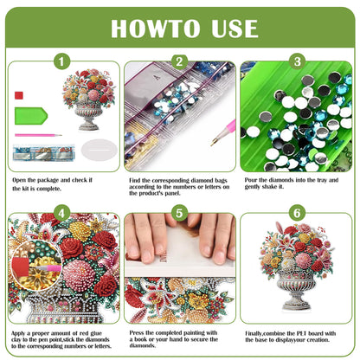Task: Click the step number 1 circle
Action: [61, 61]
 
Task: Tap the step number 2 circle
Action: [179, 61]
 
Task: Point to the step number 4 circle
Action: [61, 212]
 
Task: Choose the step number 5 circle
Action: [179, 212]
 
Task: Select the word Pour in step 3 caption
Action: [254, 179]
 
